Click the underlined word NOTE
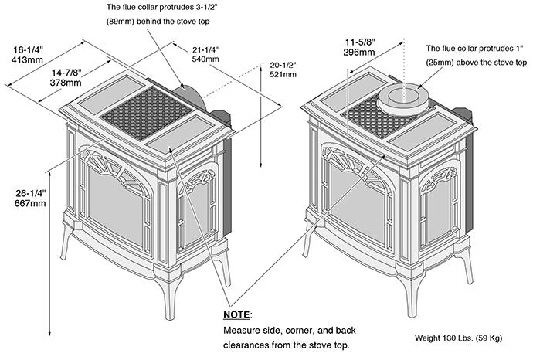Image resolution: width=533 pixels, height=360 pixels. click(x=237, y=315)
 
